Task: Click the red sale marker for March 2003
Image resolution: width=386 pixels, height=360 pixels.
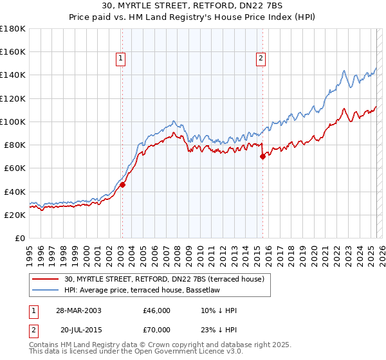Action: [x=122, y=184]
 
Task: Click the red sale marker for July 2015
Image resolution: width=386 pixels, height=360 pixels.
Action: [x=262, y=156]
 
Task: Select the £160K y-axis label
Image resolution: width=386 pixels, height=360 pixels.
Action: [x=12, y=51]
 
